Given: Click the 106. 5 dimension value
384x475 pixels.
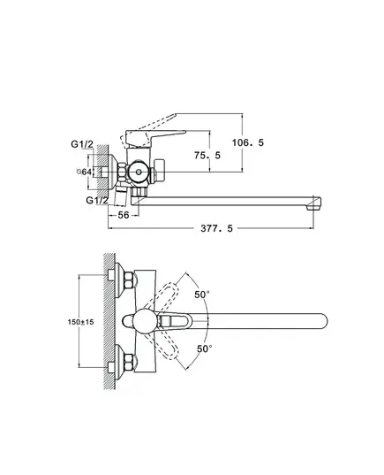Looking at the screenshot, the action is tap(248, 142).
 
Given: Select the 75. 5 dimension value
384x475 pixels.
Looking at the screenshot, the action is tap(207, 156).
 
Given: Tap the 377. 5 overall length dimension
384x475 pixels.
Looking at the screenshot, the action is tap(217, 228).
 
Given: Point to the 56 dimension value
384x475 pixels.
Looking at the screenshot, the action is tap(124, 215).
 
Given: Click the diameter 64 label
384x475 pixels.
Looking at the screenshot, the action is tap(84, 172).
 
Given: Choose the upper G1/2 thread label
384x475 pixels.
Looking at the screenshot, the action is tap(82, 144).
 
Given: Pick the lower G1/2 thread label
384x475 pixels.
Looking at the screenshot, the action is tap(97, 200).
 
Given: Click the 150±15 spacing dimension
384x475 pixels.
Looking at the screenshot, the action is tap(80, 322).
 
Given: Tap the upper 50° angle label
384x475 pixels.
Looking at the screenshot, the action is tap(202, 295).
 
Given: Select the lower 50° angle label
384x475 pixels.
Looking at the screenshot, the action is tap(205, 349).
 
